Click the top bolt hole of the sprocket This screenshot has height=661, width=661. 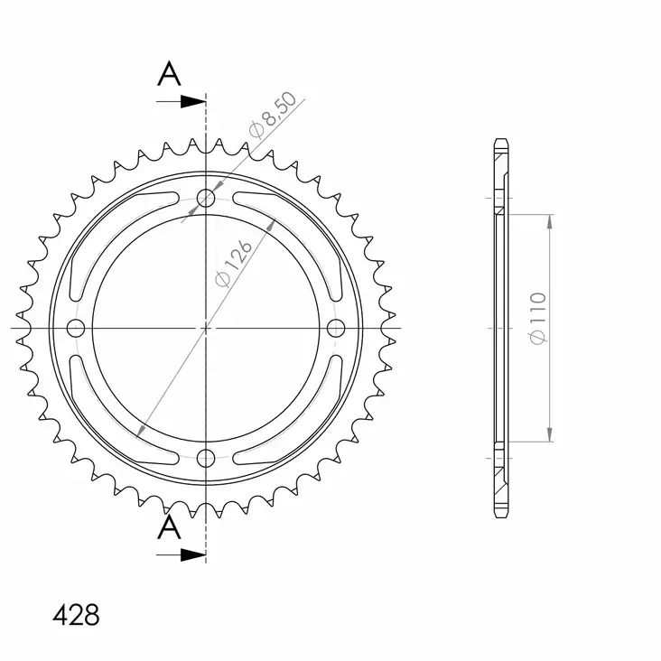pos(207,198)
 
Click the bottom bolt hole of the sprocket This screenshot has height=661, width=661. pos(207,456)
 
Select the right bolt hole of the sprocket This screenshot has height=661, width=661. pos(337,327)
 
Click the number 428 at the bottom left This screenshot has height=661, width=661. pos(77,616)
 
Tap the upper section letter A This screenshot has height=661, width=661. pos(167,75)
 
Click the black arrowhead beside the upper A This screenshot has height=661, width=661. pos(192,102)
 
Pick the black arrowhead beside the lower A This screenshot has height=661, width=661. pos(192,554)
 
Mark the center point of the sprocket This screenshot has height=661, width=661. pos(207,327)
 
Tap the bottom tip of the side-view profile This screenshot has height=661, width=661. pos(501,516)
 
